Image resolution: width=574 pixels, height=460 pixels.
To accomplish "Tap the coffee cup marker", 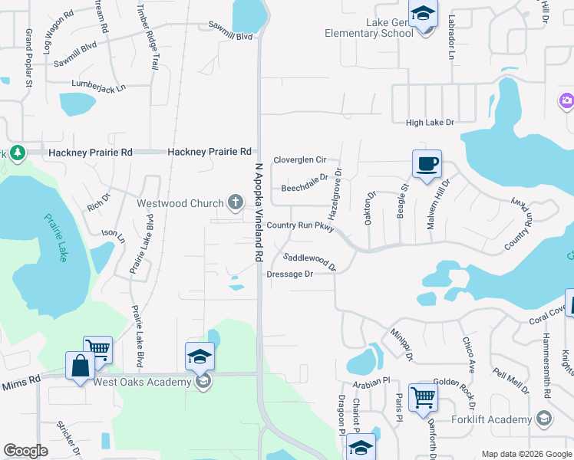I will [x=427, y=163].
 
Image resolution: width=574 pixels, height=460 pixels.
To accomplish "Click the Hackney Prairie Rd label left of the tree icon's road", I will [x=90, y=153].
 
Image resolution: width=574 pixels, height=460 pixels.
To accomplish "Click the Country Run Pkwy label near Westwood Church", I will [x=301, y=226].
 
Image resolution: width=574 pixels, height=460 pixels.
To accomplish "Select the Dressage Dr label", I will [x=290, y=274].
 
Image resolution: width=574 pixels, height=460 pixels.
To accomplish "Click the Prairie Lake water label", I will [x=53, y=238].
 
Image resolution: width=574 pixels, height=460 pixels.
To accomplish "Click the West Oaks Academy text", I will [x=142, y=382].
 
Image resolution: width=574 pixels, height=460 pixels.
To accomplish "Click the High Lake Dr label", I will [x=430, y=123].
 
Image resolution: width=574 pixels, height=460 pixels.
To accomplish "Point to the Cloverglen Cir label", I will [x=300, y=159].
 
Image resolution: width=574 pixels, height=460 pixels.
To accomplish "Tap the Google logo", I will [x=25, y=451].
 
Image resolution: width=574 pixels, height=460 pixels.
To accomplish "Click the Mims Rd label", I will [x=27, y=381].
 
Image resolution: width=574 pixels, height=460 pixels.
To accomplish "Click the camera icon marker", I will [x=566, y=100].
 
